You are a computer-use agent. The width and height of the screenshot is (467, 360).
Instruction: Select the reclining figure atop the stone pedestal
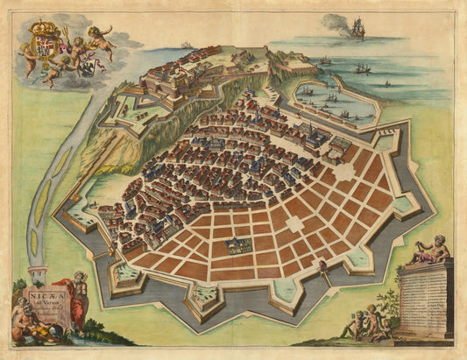(428, 253)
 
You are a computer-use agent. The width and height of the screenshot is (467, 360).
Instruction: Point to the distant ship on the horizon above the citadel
(187, 45)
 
